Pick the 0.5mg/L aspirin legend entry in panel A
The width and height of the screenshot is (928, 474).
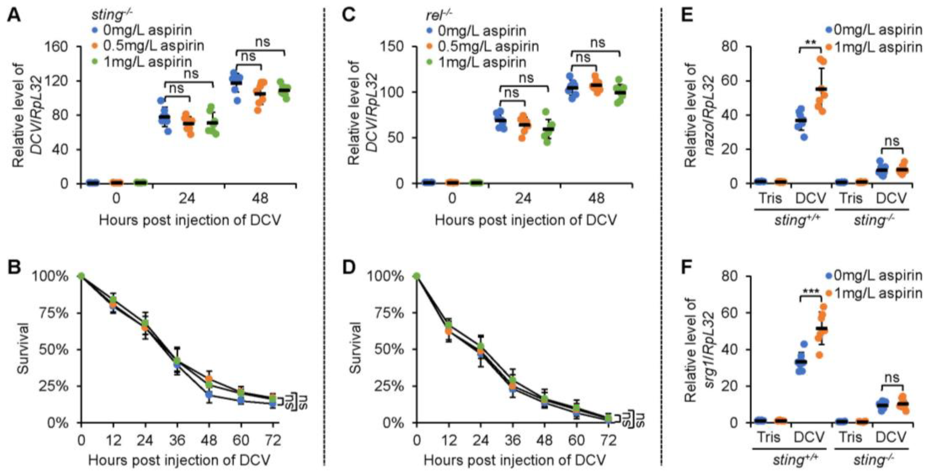pos(147,46)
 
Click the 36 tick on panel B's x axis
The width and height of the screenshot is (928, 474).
pos(177,440)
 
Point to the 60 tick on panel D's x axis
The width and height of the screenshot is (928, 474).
pos(576,440)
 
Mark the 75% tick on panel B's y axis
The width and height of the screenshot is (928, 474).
pos(56,313)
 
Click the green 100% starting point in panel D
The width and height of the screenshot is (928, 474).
pos(416,276)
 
